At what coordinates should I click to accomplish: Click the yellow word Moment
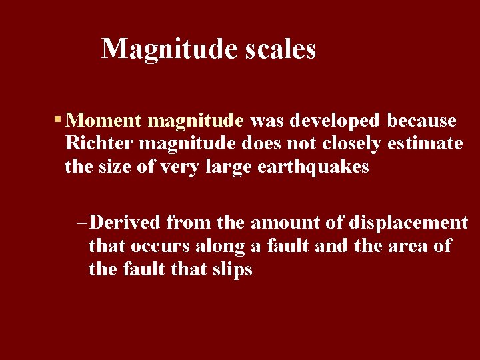(x=105, y=121)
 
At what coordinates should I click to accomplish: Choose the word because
(x=422, y=121)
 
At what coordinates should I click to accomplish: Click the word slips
(x=234, y=269)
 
